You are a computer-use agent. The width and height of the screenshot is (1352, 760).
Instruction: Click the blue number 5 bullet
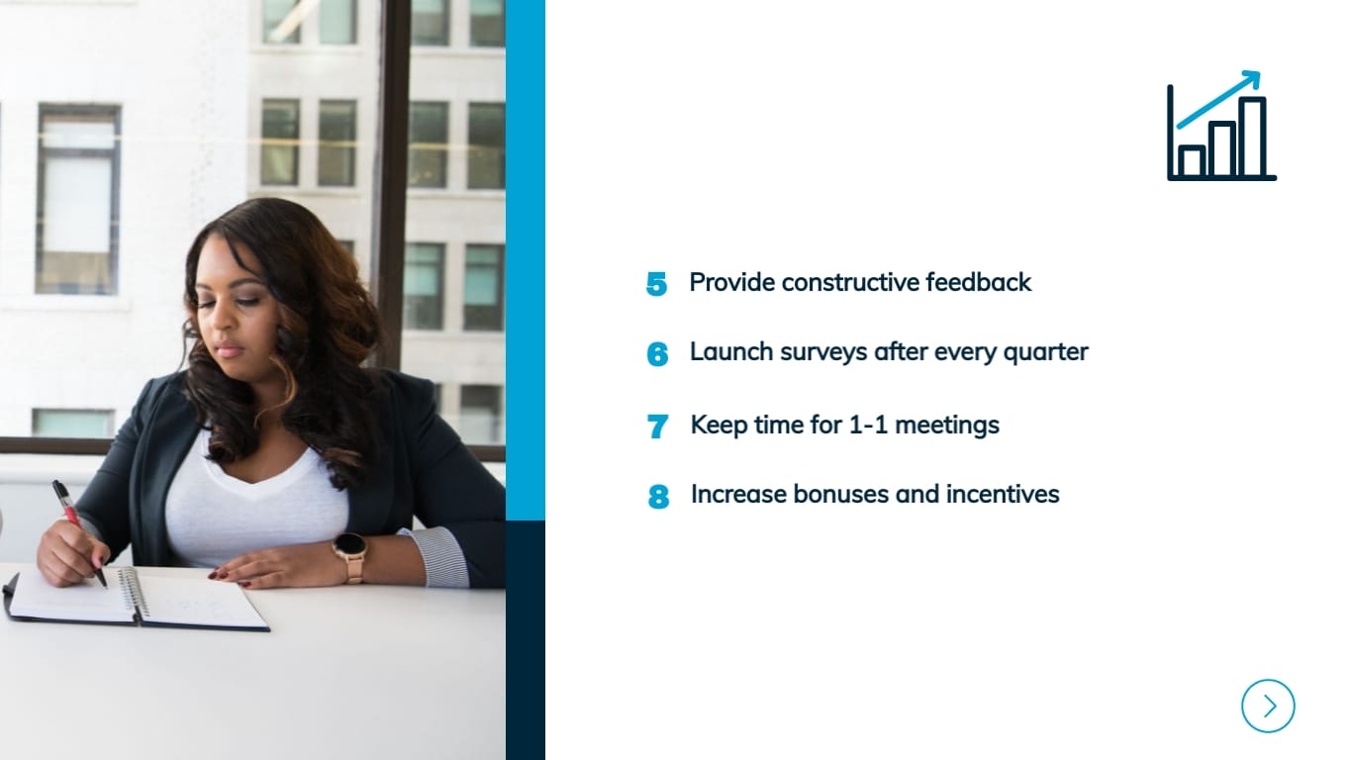(656, 284)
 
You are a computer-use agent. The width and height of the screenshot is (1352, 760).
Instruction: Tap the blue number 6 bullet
(657, 354)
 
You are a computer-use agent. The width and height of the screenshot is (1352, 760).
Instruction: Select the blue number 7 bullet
(657, 427)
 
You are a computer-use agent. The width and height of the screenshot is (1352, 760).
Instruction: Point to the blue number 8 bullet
(658, 496)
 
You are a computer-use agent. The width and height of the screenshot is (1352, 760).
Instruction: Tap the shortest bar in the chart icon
(1193, 161)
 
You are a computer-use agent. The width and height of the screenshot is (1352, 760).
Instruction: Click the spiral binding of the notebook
(134, 594)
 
